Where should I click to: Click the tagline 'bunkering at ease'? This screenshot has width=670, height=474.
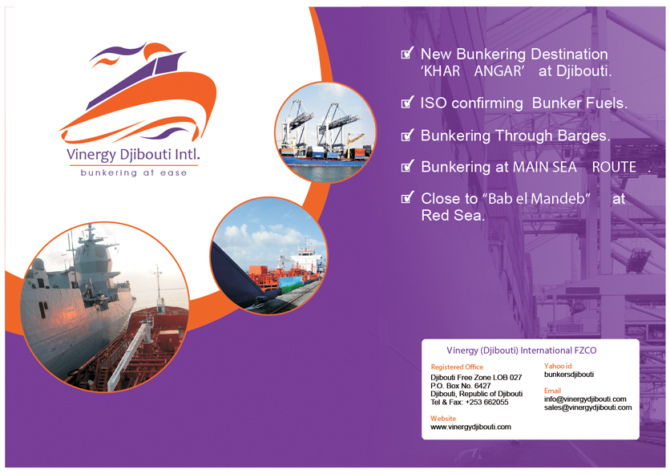tap(134, 172)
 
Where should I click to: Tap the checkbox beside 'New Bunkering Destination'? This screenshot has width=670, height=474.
tap(408, 53)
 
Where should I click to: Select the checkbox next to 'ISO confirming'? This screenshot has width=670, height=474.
tap(408, 102)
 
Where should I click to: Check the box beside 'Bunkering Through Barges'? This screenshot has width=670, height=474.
tap(408, 135)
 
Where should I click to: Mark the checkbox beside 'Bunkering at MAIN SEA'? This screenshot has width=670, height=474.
tap(408, 166)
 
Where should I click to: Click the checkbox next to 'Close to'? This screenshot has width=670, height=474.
tap(408, 197)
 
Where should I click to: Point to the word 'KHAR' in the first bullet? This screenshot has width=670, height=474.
tap(442, 71)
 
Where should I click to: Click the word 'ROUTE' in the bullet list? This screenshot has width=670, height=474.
tap(614, 167)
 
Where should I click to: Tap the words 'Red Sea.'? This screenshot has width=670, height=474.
tap(453, 215)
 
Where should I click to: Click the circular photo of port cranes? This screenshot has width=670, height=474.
tap(325, 132)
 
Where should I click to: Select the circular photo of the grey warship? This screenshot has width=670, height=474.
tap(105, 306)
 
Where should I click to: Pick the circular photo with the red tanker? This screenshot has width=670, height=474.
tap(269, 257)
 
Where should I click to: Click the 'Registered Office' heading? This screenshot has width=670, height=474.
tap(457, 367)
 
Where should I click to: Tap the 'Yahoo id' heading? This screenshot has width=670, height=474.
tap(558, 366)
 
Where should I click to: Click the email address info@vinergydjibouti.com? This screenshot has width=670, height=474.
tap(585, 399)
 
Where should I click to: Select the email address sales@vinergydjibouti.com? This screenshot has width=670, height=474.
tap(587, 407)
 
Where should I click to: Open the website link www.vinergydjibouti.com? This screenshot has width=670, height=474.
tap(470, 427)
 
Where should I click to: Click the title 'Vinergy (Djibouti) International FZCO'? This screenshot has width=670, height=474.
tap(521, 350)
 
